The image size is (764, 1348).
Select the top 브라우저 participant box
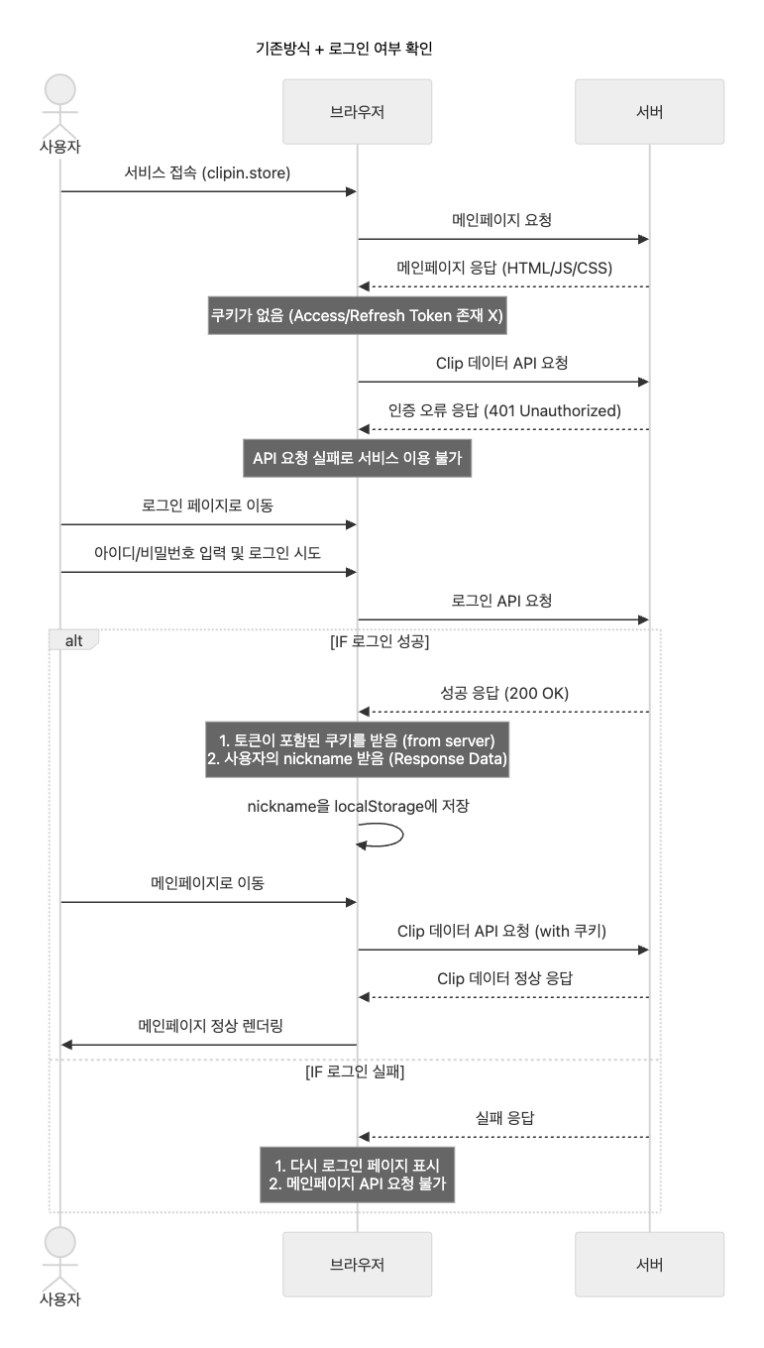coord(357,112)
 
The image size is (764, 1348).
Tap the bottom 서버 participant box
coord(649,1264)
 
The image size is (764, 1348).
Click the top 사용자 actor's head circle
coord(60,89)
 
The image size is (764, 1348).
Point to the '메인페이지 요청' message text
coord(502,220)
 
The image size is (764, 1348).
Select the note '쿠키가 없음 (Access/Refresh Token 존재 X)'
coord(357,316)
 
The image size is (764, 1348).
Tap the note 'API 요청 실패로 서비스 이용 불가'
coord(357,459)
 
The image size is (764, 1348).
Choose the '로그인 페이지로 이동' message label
coord(207,505)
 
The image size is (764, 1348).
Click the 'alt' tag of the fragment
coord(74,640)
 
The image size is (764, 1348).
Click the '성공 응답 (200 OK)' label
coord(503,692)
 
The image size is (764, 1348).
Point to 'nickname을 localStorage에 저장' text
coord(357,806)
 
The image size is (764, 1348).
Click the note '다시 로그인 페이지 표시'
coord(357,1165)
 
